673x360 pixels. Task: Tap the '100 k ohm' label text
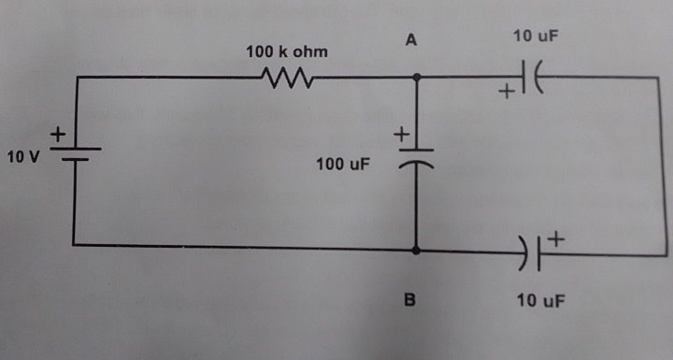tap(287, 50)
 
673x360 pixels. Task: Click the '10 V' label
tap(22, 156)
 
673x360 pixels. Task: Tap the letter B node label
tap(408, 300)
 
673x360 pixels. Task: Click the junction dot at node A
tap(416, 78)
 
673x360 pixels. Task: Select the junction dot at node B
tap(416, 250)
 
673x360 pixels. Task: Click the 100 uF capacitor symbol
tap(416, 157)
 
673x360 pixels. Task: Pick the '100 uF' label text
tap(343, 165)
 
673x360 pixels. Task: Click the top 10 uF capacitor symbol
tap(532, 78)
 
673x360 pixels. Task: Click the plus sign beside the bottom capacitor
tap(556, 239)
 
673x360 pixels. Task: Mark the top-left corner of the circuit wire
tap(75, 78)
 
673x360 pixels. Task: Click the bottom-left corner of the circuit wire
tap(75, 245)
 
